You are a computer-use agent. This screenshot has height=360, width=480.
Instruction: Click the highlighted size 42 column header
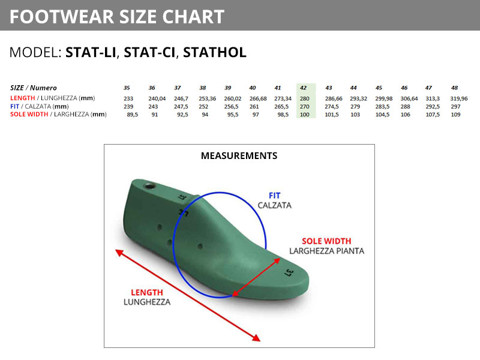coord(303,88)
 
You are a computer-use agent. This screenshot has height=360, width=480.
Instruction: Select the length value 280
coord(305,98)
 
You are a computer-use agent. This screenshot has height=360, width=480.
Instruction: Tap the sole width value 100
coord(305,115)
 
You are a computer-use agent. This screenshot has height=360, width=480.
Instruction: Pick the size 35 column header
coord(127,88)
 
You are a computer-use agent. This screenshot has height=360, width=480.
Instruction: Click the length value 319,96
coord(459,98)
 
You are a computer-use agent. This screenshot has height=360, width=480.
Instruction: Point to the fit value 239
coord(128,107)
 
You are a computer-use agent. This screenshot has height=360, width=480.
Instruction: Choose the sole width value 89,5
coord(132,115)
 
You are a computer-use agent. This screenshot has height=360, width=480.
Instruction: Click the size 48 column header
coord(454,88)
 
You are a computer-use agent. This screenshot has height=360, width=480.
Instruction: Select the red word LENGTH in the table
coord(23,98)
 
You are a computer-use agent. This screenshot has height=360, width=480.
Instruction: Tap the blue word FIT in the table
coord(14,106)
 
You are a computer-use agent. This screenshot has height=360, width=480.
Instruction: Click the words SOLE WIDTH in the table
coord(29,114)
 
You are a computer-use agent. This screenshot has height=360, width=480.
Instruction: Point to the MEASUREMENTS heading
coord(239,156)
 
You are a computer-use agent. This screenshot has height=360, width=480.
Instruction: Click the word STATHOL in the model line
coord(215,52)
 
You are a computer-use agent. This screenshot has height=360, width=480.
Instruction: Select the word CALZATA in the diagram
coord(275,205)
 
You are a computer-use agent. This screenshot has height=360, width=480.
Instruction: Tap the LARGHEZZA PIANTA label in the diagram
coord(326,251)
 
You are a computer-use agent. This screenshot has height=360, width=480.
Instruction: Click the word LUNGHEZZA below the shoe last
coord(147,302)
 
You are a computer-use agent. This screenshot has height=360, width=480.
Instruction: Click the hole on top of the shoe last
coord(149,186)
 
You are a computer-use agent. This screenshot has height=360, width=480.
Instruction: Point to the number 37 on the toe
coord(289,272)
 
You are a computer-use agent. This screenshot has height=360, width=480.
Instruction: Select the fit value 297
coord(455,107)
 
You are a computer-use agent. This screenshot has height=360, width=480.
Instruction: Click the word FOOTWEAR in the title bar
coord(62,17)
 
